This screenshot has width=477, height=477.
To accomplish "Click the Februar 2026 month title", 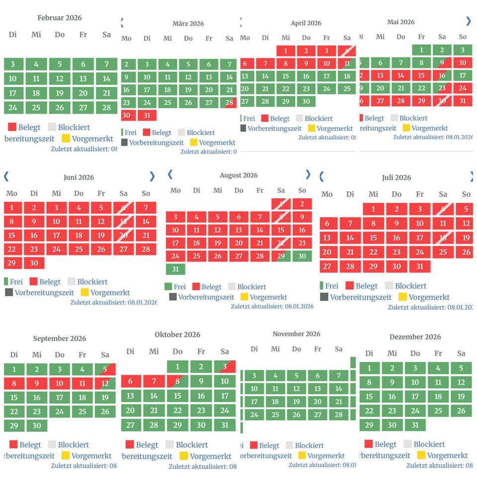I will point(60,18).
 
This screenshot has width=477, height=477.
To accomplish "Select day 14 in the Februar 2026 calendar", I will point(106,79).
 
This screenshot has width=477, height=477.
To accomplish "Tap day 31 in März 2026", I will point(147,115).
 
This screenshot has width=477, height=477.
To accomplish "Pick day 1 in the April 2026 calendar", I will point(286,51).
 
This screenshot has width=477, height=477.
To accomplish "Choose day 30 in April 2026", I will point(306,101).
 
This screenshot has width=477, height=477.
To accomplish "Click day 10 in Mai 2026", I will point(463,63).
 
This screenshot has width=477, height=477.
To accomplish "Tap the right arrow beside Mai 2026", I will point(468,21).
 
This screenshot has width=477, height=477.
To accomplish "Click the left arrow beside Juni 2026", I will point(6,176).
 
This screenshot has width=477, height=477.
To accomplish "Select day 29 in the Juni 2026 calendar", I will point(12,263).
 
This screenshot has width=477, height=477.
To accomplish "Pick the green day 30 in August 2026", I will point(302,256).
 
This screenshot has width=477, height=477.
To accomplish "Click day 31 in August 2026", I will point(175,269).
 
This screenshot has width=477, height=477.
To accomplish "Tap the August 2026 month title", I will point(238,175).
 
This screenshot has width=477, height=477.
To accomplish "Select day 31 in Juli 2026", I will point(420,266).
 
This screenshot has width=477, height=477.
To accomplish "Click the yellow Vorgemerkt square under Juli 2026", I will point(402,297).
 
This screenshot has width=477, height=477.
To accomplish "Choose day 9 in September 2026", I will point(37,383).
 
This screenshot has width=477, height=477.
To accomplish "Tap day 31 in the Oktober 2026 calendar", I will point(225,425).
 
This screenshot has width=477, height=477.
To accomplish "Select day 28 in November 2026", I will point(339,415).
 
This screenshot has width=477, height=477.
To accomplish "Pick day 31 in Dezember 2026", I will point(415,425).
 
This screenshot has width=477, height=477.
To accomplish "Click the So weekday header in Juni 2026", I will point(146,193).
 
